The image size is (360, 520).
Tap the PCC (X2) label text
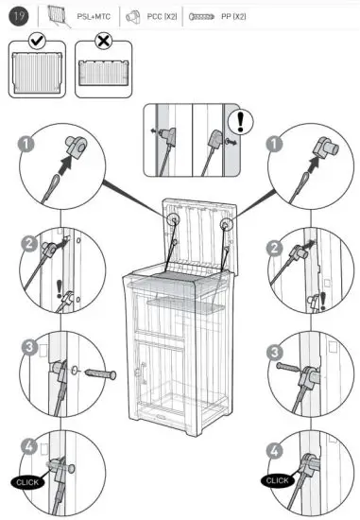163,16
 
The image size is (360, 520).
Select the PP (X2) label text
232,16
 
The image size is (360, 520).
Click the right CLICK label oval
277,480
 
